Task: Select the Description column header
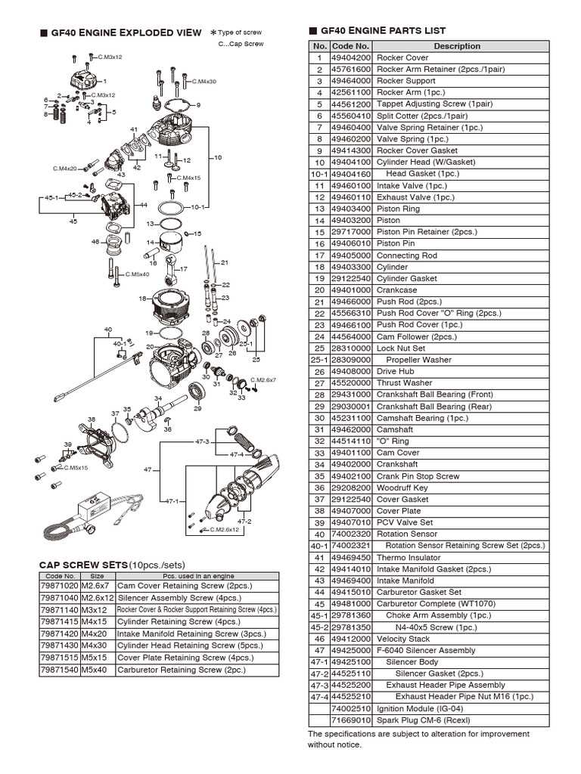[x=456, y=46]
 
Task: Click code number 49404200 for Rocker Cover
[x=351, y=57]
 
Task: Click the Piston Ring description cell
[x=398, y=209]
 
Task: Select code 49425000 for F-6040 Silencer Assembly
[x=351, y=650]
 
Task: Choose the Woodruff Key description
[x=402, y=488]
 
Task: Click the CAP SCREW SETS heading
[x=83, y=565]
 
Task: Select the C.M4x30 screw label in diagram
[x=204, y=81]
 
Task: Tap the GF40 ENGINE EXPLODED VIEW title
[x=126, y=33]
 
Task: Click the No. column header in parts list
[x=319, y=46]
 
